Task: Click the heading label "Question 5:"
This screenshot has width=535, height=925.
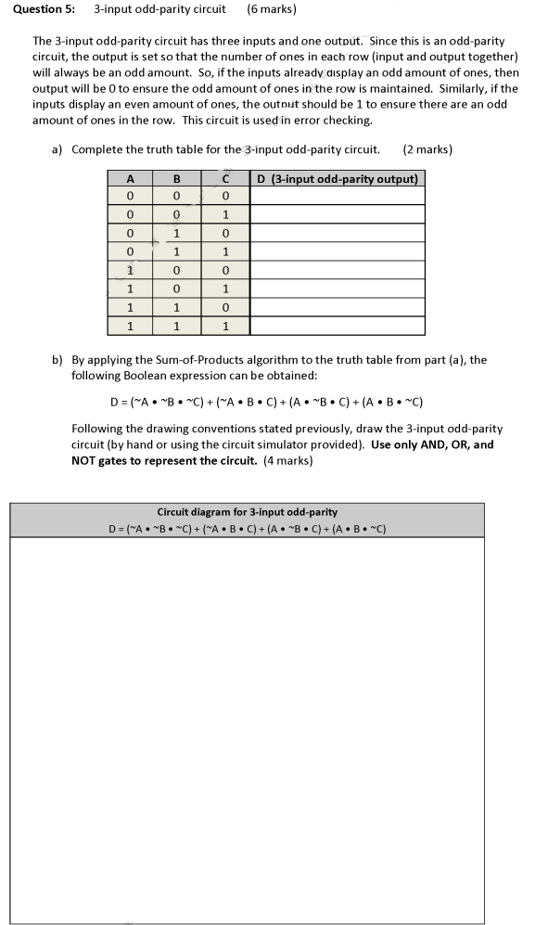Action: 44,10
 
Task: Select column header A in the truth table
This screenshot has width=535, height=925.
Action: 131,178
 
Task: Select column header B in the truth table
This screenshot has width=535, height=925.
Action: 176,178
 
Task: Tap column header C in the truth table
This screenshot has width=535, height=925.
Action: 224,178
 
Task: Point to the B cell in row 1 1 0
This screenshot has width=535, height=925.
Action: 176,307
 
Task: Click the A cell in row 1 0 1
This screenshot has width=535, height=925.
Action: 131,289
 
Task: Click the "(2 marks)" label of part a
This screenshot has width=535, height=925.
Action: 428,149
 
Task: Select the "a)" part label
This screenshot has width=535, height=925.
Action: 57,149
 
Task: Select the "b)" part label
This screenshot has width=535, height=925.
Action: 57,360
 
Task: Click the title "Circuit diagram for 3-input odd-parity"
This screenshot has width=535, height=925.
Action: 248,512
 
